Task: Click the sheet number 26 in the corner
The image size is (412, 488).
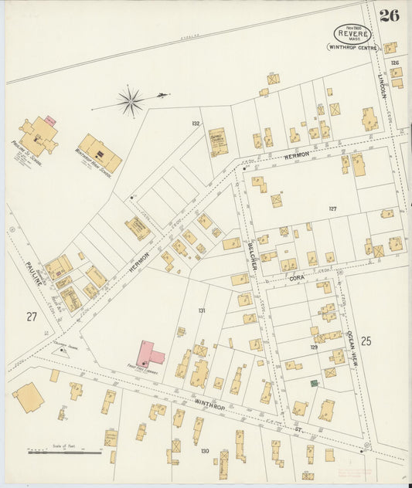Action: point(390,15)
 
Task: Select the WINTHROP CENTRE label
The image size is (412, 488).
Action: point(352,48)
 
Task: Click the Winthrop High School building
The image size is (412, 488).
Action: point(100,153)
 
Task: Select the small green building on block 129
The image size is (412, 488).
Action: point(314,382)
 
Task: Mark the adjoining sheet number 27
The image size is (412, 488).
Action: point(31,316)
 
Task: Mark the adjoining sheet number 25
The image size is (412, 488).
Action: point(366,340)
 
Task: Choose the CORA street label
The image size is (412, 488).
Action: point(297,276)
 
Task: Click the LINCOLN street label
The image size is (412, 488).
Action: point(381,84)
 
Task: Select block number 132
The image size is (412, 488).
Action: point(196,124)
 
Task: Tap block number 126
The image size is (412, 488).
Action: point(394,63)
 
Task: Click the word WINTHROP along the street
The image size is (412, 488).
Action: point(209,402)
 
